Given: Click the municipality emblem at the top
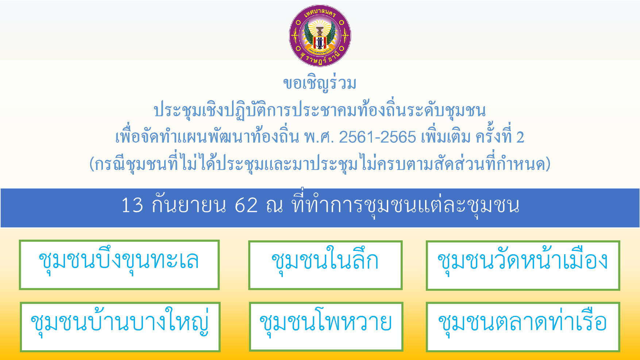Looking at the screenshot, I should pos(320,36).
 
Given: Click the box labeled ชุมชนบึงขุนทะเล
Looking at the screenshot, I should pos(119,265).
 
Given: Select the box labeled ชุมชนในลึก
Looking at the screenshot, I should pos(325,265).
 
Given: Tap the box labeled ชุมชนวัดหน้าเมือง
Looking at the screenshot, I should pos(523,266).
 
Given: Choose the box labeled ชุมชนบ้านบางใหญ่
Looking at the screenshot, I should pos(120,327).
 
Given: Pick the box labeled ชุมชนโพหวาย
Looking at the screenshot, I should pos(326,327).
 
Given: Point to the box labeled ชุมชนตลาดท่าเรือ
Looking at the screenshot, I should pos(523,327).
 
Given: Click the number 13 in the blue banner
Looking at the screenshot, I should pos(132,205).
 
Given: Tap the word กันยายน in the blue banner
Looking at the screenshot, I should pos(189,205).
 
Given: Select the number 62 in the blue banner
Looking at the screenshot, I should pos(246,205).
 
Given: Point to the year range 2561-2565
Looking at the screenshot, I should pos(377,138).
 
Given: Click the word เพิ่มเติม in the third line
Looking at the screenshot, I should pos(446,138).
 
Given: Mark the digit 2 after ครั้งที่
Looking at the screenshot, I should pos(520,138).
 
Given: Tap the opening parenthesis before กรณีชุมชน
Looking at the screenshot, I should pos(92,164).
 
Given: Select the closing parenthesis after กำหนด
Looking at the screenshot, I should pos(548,164).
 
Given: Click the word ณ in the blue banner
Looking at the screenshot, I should pos(274,205).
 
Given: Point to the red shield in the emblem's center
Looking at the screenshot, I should pos(320,42).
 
